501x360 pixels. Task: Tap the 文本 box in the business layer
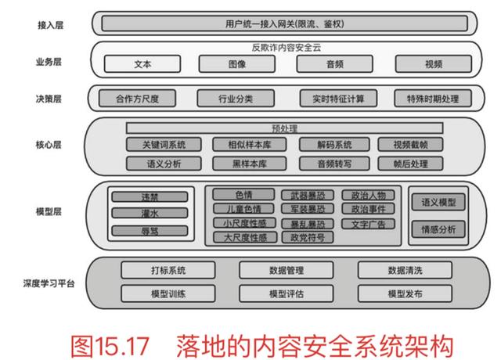point(142,63)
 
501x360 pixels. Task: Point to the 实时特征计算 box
point(338,99)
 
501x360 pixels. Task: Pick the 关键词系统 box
point(164,145)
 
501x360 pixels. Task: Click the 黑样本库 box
point(250,164)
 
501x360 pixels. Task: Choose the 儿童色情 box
point(243,209)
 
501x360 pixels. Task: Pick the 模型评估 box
point(287,293)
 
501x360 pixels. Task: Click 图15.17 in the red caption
point(107,341)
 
